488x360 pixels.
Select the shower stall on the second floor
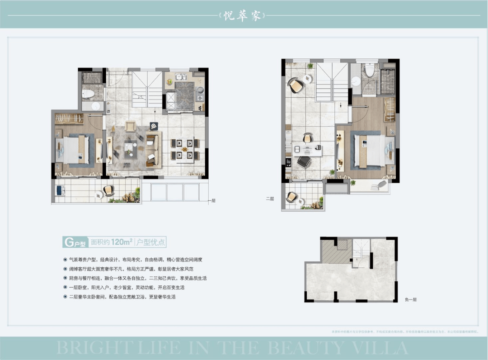(x=387, y=81)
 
